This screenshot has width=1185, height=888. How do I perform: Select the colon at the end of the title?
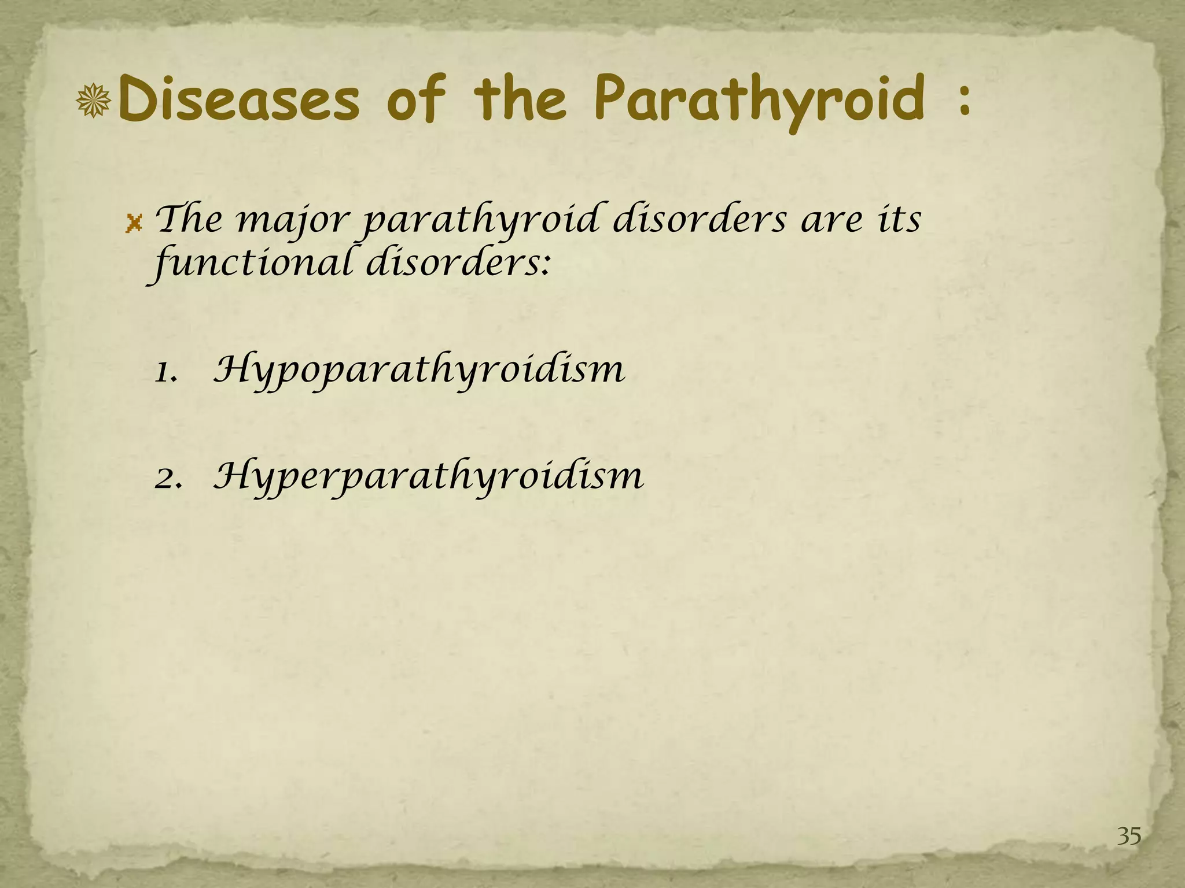coord(964,103)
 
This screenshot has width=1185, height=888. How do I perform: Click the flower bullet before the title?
coord(94,101)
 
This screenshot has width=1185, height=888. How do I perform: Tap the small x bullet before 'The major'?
coord(134,223)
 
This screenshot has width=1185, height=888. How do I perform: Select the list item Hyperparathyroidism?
coord(428,478)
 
